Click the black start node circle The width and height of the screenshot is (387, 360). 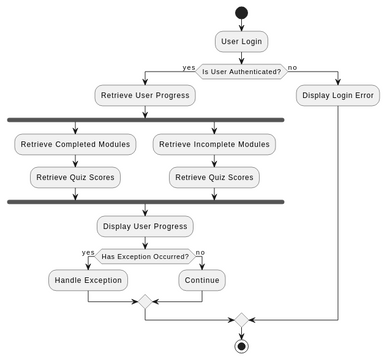[240, 13]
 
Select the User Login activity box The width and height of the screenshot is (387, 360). [240, 42]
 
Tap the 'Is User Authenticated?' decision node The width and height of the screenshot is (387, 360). [240, 70]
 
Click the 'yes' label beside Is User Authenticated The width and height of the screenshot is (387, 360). [188, 66]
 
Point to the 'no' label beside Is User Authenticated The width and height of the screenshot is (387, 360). [292, 66]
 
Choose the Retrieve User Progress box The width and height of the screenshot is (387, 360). [145, 96]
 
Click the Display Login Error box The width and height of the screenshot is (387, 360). [338, 96]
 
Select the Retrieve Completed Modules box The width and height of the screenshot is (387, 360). [76, 145]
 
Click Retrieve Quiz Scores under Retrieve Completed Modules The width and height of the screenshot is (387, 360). [76, 178]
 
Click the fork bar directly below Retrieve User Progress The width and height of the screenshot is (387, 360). [145, 120]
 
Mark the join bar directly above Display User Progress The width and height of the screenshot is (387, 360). [145, 202]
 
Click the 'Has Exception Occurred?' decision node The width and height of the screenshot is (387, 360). [145, 256]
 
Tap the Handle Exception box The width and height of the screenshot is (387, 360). [88, 281]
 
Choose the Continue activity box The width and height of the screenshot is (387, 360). [203, 281]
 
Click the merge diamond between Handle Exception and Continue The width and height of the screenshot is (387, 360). [145, 301]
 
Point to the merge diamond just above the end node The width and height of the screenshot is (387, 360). [240, 320]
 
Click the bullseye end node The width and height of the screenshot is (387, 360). [240, 346]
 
